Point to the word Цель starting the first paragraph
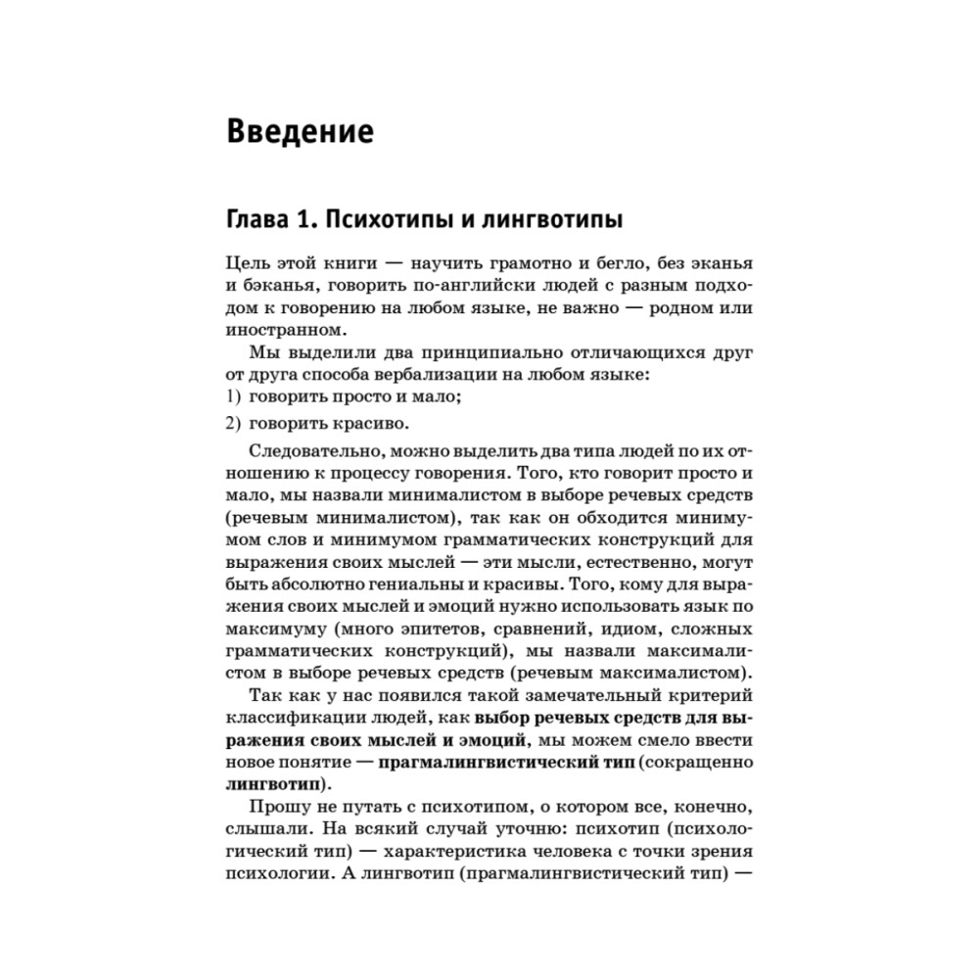(x=248, y=265)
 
